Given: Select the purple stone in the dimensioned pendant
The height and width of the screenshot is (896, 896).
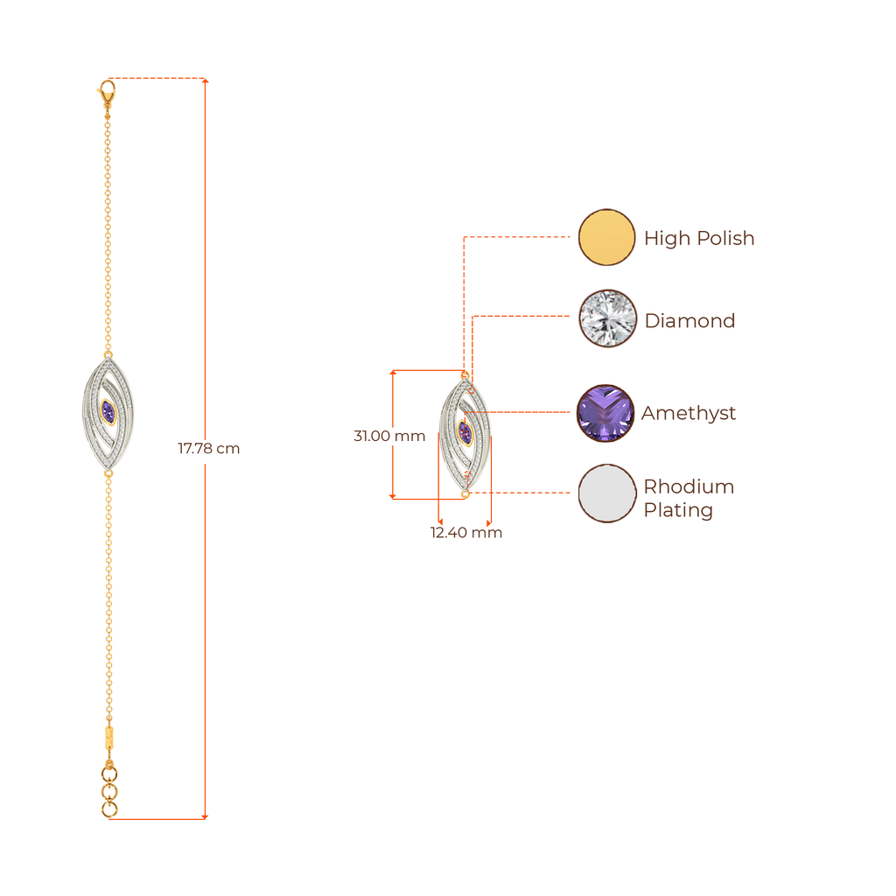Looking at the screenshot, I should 465,433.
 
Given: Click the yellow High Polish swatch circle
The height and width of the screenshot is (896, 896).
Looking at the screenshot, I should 606,237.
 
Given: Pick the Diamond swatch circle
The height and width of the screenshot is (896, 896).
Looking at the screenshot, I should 606,318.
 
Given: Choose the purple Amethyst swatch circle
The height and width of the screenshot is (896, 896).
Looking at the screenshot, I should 606,413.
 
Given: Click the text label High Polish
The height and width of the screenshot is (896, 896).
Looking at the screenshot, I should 698,238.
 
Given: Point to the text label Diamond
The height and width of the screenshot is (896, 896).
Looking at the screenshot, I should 689,321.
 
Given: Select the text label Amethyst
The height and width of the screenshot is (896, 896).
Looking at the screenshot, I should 689,413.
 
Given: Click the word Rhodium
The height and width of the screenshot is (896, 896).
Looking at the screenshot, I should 689,486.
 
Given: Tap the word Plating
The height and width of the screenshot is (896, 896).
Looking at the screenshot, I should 677,511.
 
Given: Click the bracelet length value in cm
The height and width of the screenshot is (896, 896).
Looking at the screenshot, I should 208,449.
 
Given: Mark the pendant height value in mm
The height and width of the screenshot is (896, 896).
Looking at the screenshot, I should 388,436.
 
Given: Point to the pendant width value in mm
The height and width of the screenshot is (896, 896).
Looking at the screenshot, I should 465,533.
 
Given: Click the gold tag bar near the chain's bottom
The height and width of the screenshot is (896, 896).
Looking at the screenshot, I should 108,738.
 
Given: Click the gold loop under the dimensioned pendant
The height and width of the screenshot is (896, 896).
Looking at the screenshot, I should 465,494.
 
